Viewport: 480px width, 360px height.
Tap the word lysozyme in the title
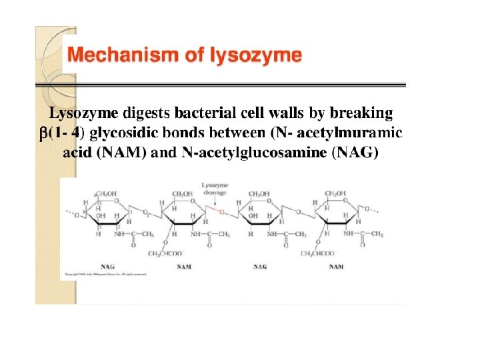(x=260, y=56)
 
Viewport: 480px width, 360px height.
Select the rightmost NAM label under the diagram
(x=336, y=267)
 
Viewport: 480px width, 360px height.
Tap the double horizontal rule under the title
(x=220, y=85)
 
